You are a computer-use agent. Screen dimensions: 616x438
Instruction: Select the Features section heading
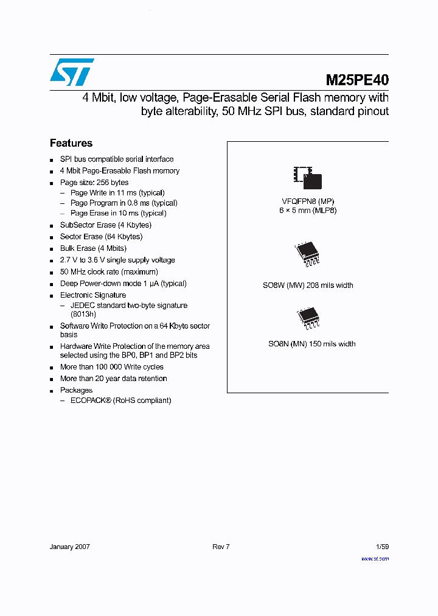click(x=71, y=143)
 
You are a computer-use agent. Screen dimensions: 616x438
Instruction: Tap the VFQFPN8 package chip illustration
click(x=307, y=177)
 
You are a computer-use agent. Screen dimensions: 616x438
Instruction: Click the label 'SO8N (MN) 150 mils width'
click(x=312, y=344)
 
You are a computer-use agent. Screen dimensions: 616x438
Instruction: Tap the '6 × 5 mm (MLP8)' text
click(x=308, y=210)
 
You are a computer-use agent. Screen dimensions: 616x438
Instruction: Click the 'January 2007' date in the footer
click(x=69, y=547)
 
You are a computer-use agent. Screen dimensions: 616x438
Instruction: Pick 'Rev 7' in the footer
click(x=221, y=547)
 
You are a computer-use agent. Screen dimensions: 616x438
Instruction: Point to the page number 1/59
click(x=381, y=547)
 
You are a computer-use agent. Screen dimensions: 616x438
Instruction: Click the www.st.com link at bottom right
click(x=375, y=558)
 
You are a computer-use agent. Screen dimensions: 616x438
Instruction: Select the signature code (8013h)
click(x=83, y=314)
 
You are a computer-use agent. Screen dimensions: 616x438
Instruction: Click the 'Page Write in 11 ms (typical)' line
click(x=117, y=192)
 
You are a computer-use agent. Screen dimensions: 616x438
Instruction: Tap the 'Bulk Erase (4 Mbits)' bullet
click(x=93, y=248)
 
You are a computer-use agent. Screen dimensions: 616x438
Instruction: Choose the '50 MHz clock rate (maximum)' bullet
click(x=109, y=271)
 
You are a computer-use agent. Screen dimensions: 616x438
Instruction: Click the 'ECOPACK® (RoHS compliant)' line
click(x=120, y=400)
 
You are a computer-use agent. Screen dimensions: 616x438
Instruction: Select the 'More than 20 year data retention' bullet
click(x=113, y=379)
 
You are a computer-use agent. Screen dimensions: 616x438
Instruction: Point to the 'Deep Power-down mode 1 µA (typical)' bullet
click(x=123, y=284)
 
